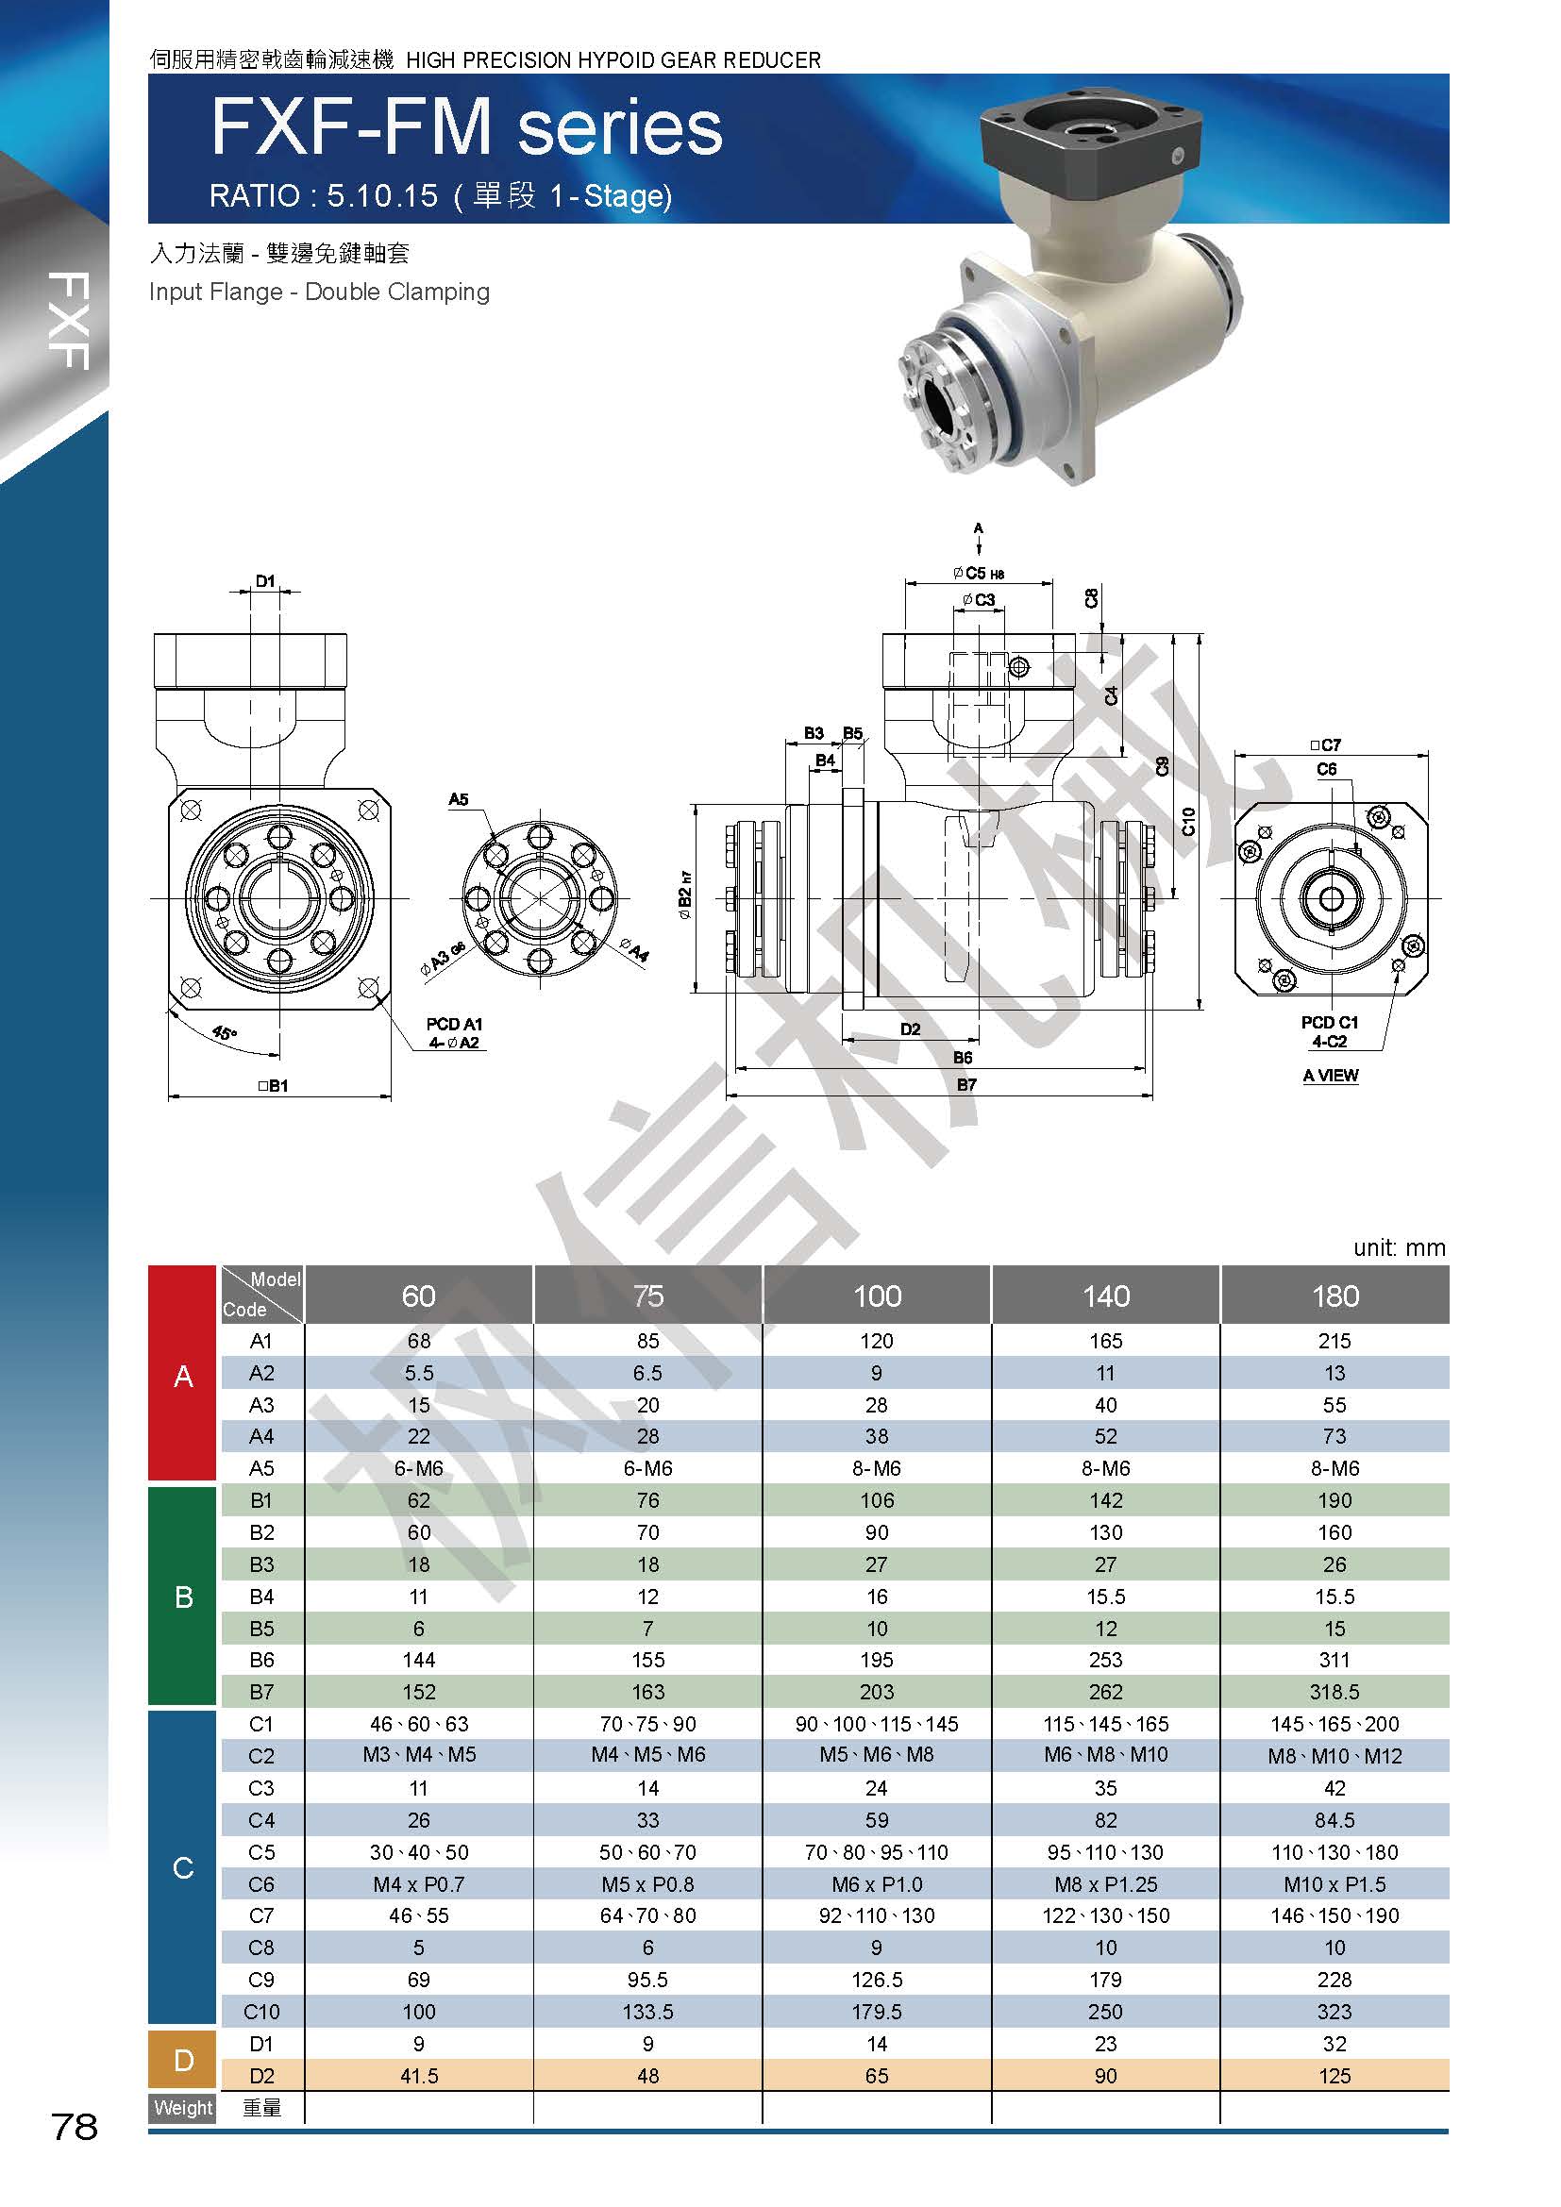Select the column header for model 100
coord(877,1296)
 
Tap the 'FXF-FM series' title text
coord(466,129)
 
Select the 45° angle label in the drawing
coord(223,1034)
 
